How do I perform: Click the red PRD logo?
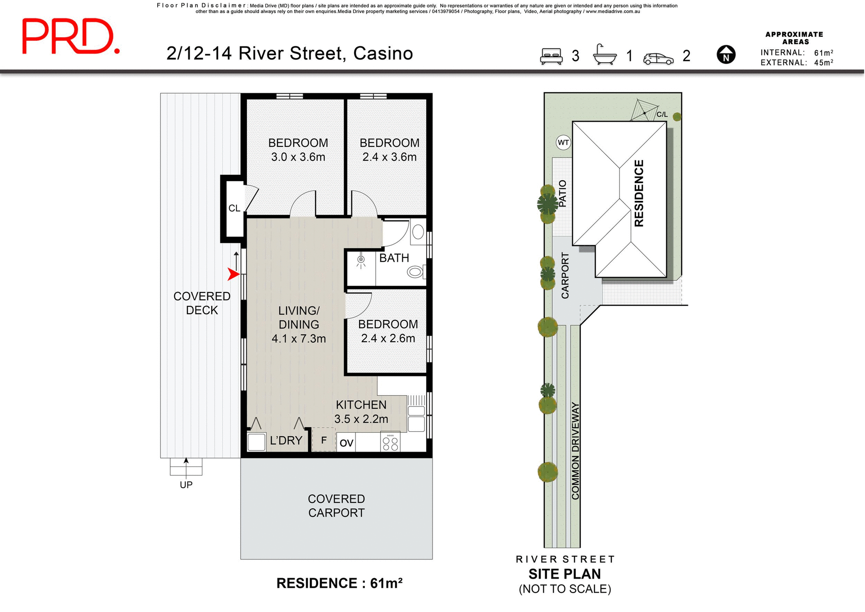click(x=71, y=37)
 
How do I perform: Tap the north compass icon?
click(x=726, y=55)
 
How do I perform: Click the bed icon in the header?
click(x=551, y=56)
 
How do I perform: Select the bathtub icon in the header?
click(x=605, y=55)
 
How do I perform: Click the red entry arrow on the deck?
click(x=233, y=274)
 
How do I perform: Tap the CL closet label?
click(x=234, y=208)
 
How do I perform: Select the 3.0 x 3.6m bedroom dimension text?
click(x=298, y=157)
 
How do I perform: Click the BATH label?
click(x=394, y=258)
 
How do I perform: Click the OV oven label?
click(x=346, y=443)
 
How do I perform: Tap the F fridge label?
click(x=323, y=440)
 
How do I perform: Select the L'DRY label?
click(x=286, y=441)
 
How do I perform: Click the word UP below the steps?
click(x=186, y=485)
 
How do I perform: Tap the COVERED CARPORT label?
click(x=336, y=506)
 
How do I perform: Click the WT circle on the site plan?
click(x=563, y=143)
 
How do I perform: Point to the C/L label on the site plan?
click(x=662, y=114)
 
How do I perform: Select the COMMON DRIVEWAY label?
click(x=575, y=451)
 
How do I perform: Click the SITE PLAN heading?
click(x=565, y=574)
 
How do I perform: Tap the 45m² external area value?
click(x=823, y=63)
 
